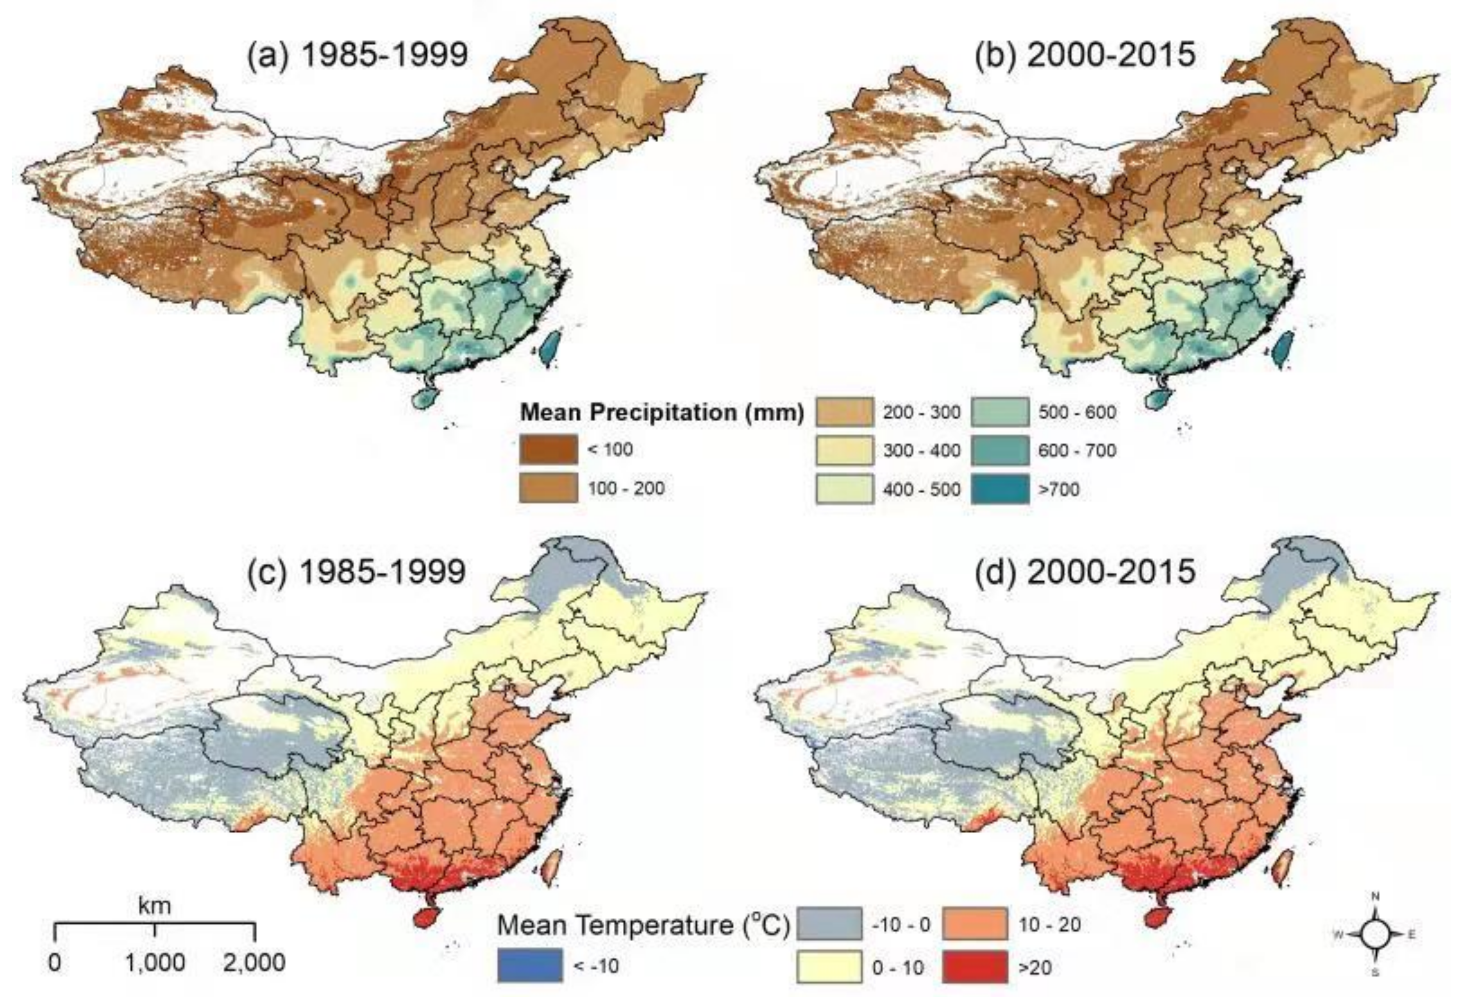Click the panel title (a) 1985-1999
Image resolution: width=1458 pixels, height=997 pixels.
click(x=357, y=55)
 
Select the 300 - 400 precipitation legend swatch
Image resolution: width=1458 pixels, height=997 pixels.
click(x=844, y=450)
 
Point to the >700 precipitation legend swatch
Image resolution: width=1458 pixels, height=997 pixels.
click(x=1000, y=489)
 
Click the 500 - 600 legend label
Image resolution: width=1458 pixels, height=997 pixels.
click(x=1077, y=412)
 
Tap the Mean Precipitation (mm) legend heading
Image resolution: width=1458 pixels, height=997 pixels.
click(x=662, y=412)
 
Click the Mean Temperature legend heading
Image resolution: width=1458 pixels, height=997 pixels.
click(x=643, y=926)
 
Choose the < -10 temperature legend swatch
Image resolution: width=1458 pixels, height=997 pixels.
click(x=530, y=966)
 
